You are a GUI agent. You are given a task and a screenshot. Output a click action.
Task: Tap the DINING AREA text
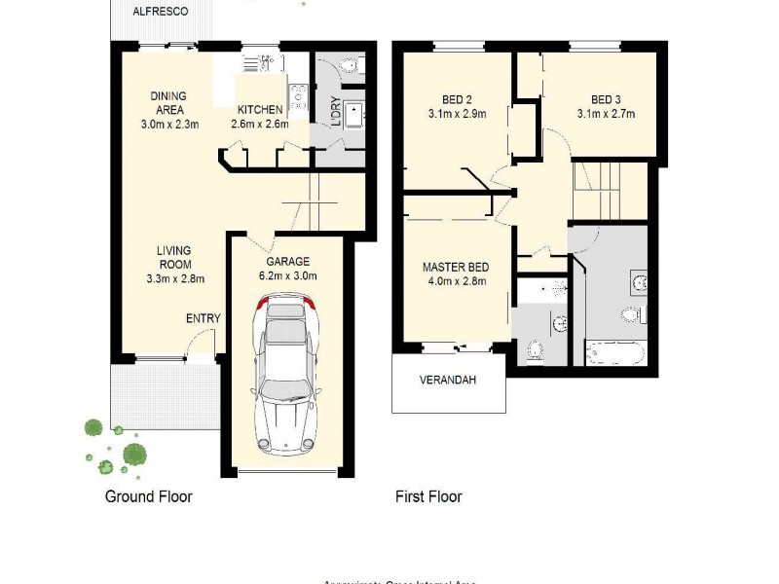point(167,102)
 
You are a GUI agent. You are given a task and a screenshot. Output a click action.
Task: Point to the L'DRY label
point(334,114)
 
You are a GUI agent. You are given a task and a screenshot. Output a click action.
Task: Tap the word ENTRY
point(204,318)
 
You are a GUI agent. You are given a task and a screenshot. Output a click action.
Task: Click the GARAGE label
point(287,261)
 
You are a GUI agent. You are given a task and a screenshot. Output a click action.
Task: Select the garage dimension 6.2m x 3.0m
point(287,275)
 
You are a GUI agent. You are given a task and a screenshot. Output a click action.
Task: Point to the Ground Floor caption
point(148,496)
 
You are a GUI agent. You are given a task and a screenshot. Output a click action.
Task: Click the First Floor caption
point(428,496)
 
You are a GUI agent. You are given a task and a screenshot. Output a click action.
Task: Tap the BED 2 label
point(458,98)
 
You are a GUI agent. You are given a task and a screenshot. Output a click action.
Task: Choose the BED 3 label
point(606,98)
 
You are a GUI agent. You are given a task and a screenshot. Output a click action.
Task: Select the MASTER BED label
point(455,267)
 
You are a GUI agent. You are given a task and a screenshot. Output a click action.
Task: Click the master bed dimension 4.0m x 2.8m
point(455,282)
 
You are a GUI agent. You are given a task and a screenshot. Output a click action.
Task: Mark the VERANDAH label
point(448,380)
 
